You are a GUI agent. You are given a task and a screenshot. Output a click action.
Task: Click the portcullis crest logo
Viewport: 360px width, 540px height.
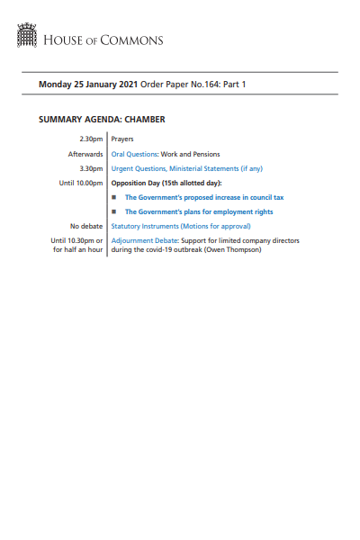(x=26, y=37)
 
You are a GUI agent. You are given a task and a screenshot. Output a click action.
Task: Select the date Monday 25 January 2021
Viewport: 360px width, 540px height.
(x=88, y=85)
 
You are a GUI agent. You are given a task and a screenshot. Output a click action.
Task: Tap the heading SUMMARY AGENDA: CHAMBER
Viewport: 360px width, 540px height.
(x=102, y=119)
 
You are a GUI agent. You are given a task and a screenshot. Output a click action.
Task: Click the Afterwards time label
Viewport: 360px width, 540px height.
(x=84, y=155)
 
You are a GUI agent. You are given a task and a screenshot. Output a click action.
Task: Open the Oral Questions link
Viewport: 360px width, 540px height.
(x=135, y=155)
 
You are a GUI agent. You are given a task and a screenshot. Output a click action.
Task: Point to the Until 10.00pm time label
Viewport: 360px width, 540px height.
(x=80, y=183)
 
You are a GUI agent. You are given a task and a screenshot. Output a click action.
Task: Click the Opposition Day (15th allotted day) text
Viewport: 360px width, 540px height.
(x=166, y=183)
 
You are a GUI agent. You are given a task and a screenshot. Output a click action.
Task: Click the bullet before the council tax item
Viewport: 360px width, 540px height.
(x=114, y=197)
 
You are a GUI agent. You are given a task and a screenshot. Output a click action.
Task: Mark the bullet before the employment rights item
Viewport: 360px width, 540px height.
(x=114, y=212)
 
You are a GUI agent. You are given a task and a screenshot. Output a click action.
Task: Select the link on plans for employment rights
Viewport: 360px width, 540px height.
(x=199, y=212)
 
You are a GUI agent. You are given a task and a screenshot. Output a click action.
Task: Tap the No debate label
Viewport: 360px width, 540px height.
(x=85, y=227)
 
